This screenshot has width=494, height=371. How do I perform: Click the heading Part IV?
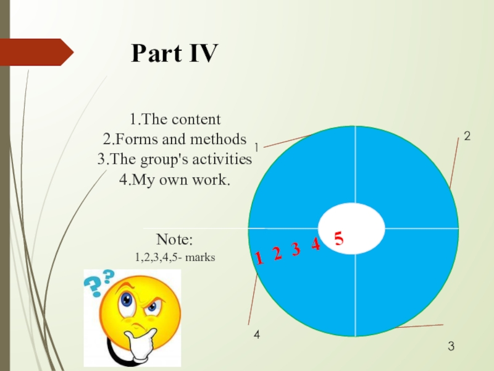pyautogui.click(x=175, y=55)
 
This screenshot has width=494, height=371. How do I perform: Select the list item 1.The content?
pyautogui.click(x=175, y=119)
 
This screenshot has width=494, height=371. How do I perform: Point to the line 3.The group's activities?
pyautogui.click(x=175, y=159)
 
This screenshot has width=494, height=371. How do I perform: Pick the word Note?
pyautogui.click(x=175, y=240)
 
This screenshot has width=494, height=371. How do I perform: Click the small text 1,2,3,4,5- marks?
pyautogui.click(x=175, y=256)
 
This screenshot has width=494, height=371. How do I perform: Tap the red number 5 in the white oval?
pyautogui.click(x=338, y=237)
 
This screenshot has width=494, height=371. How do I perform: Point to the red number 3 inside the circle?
pyautogui.click(x=296, y=250)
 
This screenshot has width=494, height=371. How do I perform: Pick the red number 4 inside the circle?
pyautogui.click(x=316, y=245)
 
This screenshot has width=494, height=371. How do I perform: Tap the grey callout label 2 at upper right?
pyautogui.click(x=467, y=137)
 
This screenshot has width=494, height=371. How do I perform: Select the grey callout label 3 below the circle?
pyautogui.click(x=451, y=347)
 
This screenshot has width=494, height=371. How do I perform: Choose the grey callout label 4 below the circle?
pyautogui.click(x=257, y=335)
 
